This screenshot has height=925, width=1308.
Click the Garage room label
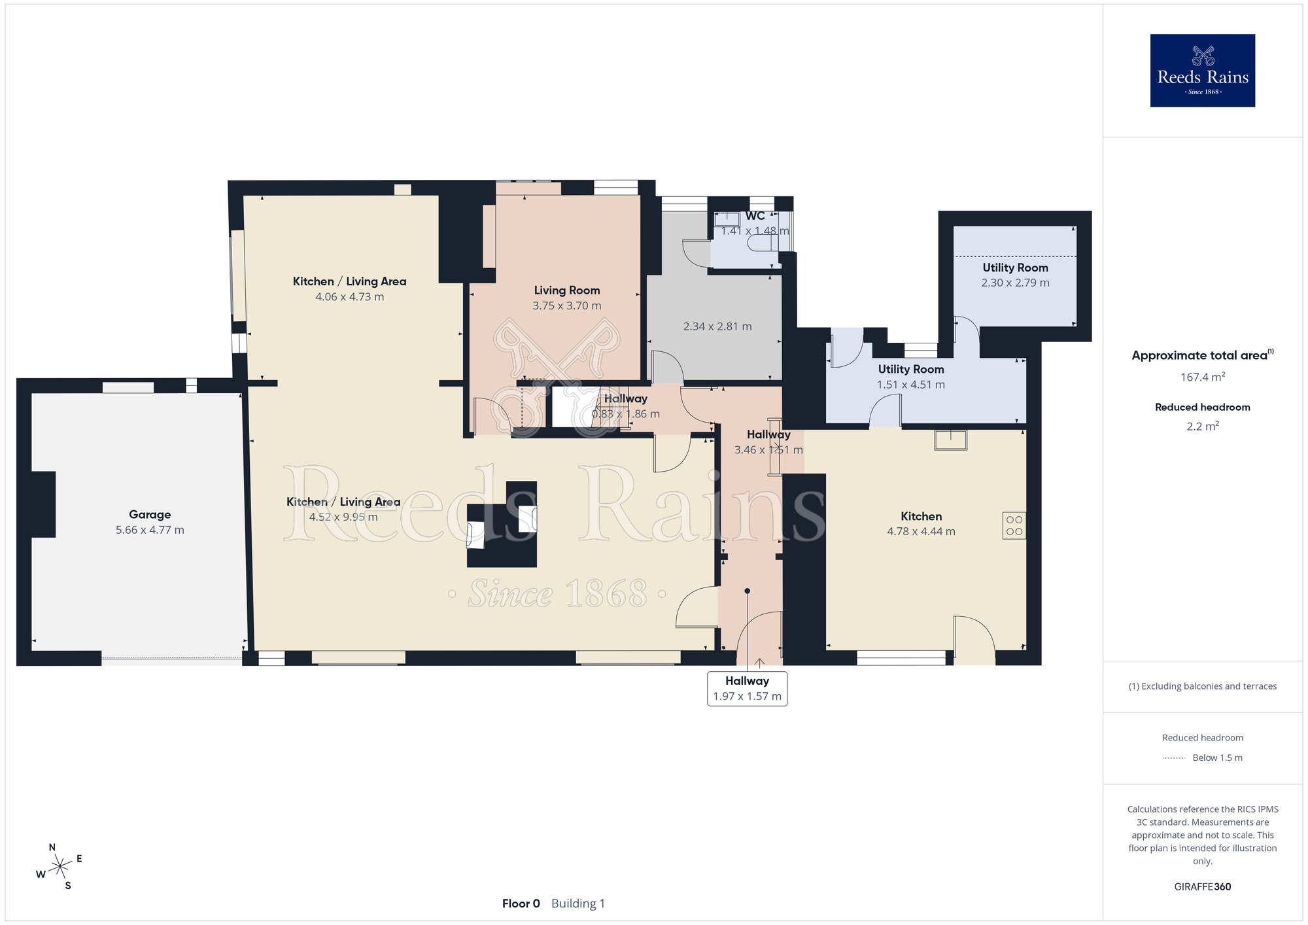pos(150,515)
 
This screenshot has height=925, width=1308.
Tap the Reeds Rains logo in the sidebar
pos(1203,71)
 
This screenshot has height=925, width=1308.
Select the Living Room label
pos(567,290)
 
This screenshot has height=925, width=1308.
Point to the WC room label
pos(755,216)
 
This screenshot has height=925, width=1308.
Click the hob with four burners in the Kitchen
pos(1014,525)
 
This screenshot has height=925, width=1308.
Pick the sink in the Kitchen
pos(950,440)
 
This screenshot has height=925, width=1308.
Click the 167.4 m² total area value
pos(1203,377)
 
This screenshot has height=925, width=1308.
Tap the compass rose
pos(60,867)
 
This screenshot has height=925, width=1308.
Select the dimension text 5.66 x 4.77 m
pos(150,530)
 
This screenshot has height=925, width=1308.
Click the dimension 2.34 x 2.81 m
pos(717,326)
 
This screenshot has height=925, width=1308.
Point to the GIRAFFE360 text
pos(1203,887)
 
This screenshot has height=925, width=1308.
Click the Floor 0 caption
pos(521,903)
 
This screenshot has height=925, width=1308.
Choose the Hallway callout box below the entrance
pos(747,689)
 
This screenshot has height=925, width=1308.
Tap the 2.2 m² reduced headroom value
pos(1203,427)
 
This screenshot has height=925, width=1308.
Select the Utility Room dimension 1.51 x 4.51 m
pos(911,385)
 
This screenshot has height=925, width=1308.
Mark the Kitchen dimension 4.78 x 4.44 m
pos(921,531)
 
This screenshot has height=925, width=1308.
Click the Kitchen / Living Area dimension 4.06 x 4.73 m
pos(350,296)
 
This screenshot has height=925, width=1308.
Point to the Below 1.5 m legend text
pos(1217,758)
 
